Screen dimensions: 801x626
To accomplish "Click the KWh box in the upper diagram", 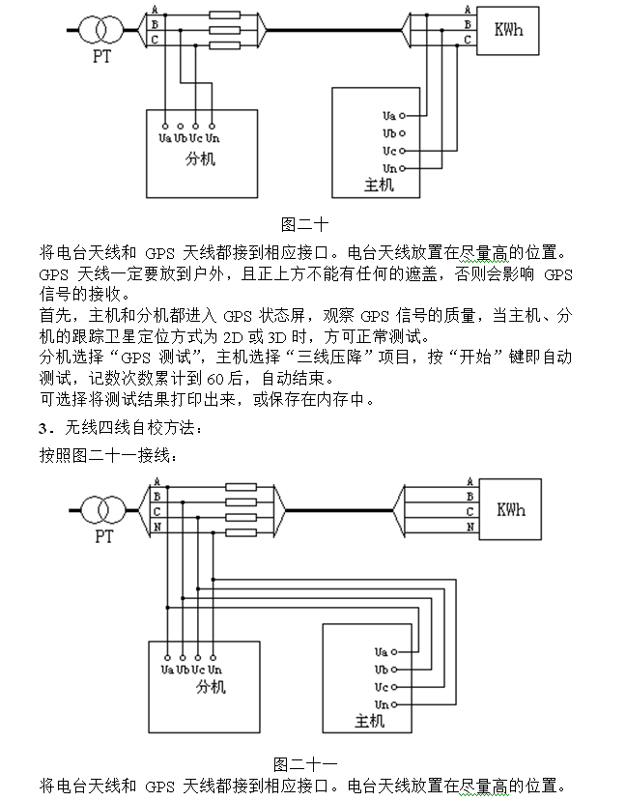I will tap(508, 30).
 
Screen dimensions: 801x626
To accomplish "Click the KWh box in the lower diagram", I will tap(511, 509).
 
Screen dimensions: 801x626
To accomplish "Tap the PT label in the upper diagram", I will tap(101, 56).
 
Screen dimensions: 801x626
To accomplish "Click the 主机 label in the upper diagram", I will tap(379, 185).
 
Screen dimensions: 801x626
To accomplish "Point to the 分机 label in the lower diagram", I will tap(211, 687).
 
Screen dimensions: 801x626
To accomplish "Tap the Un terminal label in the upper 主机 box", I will tap(389, 169).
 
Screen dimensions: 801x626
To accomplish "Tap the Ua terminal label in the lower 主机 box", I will tap(381, 651).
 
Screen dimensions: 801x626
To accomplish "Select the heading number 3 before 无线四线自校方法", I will tap(42, 427).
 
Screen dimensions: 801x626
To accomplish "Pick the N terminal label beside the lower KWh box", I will tap(470, 528).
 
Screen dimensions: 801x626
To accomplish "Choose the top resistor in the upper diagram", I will tap(224, 14).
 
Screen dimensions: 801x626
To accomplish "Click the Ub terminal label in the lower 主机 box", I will tap(381, 669).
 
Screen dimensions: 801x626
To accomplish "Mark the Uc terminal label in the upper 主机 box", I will tap(389, 151).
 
